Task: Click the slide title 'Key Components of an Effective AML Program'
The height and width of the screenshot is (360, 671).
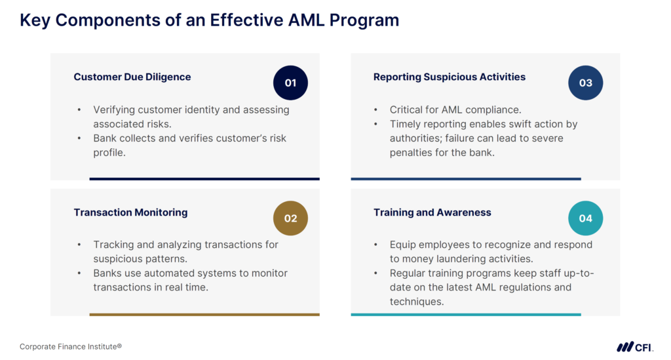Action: point(209,20)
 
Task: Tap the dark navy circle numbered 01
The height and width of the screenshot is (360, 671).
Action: point(290,83)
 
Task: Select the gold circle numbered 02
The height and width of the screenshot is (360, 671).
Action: point(290,218)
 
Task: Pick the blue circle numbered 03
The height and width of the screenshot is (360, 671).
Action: point(585,83)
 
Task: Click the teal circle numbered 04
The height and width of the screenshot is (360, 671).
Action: point(585,218)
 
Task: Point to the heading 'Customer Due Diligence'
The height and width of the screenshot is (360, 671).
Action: point(132,77)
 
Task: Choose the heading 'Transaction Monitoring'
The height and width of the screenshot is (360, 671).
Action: point(130,212)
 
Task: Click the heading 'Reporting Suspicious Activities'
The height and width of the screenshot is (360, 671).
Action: point(450,77)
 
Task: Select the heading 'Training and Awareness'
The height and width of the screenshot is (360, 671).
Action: point(432,212)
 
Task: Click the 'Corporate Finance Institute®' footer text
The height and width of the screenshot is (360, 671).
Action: point(71,346)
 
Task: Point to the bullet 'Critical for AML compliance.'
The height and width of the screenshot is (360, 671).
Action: point(455,110)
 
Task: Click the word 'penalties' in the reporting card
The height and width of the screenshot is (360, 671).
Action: point(411,153)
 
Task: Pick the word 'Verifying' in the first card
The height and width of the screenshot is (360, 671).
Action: point(115,110)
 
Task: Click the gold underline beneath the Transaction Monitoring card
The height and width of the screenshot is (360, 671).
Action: point(204,315)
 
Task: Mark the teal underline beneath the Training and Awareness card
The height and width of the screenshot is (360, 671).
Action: point(465,315)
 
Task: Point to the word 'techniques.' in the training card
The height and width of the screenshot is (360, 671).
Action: point(417,302)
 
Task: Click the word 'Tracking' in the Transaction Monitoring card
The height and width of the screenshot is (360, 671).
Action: point(115,245)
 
